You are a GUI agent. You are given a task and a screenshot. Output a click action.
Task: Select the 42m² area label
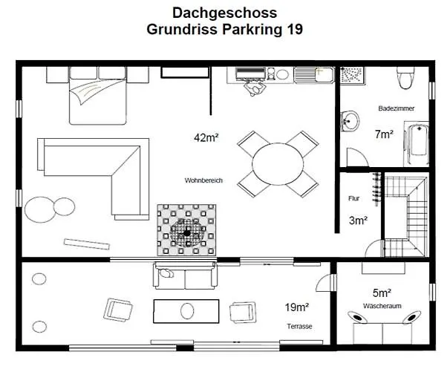(206, 137)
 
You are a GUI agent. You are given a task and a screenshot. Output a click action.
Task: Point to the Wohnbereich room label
(203, 180)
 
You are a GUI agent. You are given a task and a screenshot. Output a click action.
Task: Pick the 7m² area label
(384, 134)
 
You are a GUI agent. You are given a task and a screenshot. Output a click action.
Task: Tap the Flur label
(353, 199)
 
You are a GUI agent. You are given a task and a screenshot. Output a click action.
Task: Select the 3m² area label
(358, 220)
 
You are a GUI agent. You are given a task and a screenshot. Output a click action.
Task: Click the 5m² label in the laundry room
(383, 292)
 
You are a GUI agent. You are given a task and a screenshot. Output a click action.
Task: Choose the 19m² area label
(296, 307)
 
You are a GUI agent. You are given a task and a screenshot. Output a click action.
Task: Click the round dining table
(278, 163)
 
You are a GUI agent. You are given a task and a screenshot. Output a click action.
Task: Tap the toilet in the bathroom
(405, 77)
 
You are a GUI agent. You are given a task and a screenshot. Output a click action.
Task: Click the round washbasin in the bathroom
(350, 120)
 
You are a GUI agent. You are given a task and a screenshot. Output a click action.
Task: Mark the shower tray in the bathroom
(354, 77)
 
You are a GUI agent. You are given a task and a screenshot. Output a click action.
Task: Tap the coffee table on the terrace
(186, 310)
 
